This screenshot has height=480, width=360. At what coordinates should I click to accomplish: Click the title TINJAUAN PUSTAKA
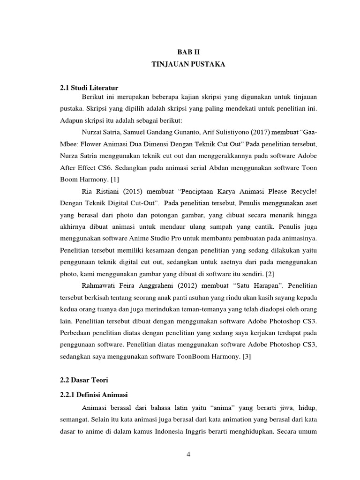(x=188, y=65)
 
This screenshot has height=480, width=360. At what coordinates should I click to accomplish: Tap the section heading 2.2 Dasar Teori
(x=84, y=378)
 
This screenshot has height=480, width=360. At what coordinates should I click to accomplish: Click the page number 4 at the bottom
(x=189, y=454)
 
